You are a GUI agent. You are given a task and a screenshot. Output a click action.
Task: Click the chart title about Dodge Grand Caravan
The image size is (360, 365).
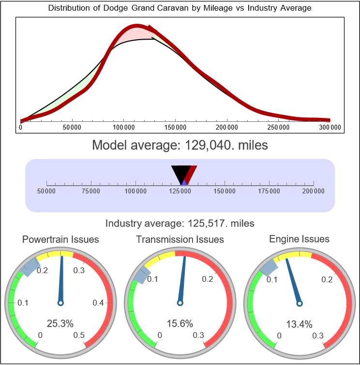click(180, 8)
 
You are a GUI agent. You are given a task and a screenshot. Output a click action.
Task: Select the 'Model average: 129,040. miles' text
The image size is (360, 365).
click(180, 145)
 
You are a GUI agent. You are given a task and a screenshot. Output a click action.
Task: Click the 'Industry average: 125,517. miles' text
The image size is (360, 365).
click(180, 223)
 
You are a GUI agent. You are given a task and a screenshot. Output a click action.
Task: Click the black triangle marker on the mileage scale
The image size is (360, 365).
click(181, 173)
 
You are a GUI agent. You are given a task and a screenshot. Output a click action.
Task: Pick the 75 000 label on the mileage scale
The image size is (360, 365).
click(91, 191)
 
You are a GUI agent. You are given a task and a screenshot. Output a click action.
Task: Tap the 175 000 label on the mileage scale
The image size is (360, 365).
click(269, 191)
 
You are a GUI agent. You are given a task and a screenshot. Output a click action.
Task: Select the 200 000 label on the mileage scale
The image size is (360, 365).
click(314, 191)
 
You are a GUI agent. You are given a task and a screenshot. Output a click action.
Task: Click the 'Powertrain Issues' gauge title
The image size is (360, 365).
click(60, 239)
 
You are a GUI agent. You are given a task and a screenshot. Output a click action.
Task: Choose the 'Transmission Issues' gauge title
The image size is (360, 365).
click(180, 239)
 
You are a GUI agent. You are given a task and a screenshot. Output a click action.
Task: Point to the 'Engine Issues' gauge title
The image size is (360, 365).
click(299, 239)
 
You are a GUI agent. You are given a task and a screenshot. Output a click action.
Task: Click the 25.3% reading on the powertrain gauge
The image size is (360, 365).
click(60, 323)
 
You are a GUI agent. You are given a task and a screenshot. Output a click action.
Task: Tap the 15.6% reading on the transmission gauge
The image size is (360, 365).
click(180, 323)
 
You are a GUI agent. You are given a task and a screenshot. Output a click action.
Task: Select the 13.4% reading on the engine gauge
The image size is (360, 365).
click(299, 323)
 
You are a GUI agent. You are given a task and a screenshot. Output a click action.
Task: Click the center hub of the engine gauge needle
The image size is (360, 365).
click(300, 303)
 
